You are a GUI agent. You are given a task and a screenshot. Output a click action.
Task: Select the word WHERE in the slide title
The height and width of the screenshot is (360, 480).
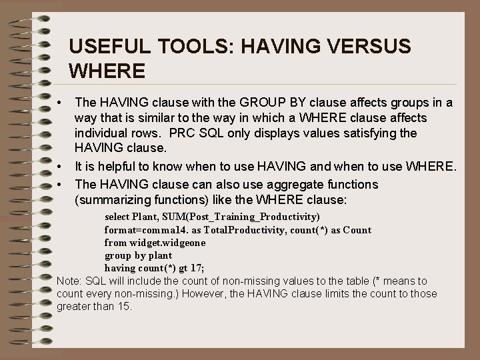[107, 69]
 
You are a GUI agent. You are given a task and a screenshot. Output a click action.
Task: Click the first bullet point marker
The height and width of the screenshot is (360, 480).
[60, 103]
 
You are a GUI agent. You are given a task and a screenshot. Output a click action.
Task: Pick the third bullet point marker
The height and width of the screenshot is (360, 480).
[60, 184]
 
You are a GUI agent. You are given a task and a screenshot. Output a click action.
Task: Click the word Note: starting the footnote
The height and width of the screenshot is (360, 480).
[70, 281]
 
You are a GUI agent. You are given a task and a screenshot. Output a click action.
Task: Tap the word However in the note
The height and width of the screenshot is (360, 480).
[203, 294]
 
